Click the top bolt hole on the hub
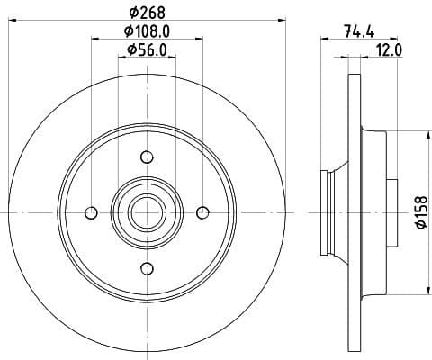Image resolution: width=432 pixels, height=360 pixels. [146, 156]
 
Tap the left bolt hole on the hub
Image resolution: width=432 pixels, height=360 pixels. [90, 212]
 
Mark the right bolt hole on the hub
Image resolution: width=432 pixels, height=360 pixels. [202, 212]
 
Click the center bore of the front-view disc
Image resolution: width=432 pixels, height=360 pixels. [146, 212]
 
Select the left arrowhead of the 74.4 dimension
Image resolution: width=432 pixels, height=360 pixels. [324, 40]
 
